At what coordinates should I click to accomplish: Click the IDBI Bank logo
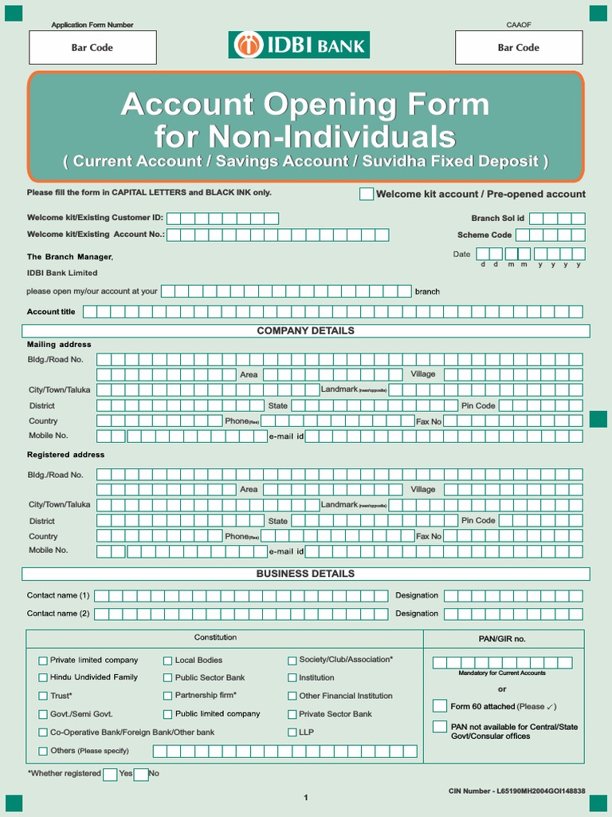pyautogui.click(x=299, y=45)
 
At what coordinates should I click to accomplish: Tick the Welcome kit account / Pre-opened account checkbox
pyautogui.click(x=367, y=194)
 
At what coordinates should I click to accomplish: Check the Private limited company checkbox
pyautogui.click(x=43, y=661)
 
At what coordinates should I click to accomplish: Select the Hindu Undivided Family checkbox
pyautogui.click(x=43, y=677)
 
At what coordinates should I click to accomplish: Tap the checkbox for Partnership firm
pyautogui.click(x=168, y=696)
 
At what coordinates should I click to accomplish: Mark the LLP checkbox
pyautogui.click(x=292, y=732)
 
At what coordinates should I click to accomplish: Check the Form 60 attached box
pyautogui.click(x=440, y=706)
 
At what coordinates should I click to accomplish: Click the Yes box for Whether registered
pyautogui.click(x=110, y=774)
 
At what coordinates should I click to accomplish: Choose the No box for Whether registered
pyautogui.click(x=141, y=774)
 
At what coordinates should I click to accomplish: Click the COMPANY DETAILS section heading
pyautogui.click(x=305, y=331)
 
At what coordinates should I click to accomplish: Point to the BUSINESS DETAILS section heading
pyautogui.click(x=305, y=574)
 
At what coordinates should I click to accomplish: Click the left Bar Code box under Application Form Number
pyautogui.click(x=92, y=48)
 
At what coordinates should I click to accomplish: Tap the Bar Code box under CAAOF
pyautogui.click(x=518, y=48)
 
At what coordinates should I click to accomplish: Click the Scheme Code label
pyautogui.click(x=484, y=235)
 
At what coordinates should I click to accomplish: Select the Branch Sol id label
pyautogui.click(x=498, y=219)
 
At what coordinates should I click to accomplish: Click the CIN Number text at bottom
pyautogui.click(x=517, y=791)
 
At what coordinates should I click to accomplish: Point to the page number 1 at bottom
pyautogui.click(x=305, y=798)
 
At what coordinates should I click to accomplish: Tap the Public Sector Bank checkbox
pyautogui.click(x=168, y=677)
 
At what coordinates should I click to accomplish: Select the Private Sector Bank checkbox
pyautogui.click(x=292, y=714)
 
